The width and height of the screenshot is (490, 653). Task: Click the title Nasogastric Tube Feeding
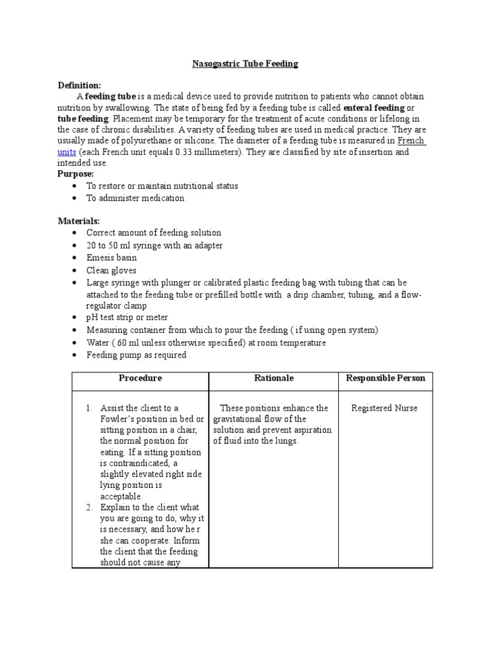[x=246, y=64]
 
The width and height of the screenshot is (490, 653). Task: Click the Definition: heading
[x=79, y=85]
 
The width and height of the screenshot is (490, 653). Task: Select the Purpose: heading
[x=76, y=174]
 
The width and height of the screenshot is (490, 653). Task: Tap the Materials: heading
[x=79, y=221]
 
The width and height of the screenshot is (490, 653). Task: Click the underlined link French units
[x=412, y=141]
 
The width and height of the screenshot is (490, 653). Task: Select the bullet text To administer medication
[x=135, y=198]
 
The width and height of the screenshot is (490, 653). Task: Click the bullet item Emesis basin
[x=112, y=258]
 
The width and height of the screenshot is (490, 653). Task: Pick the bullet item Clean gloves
[x=111, y=270]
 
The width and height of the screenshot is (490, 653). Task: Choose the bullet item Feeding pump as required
[x=136, y=355]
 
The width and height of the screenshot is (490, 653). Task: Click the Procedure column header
[x=140, y=378]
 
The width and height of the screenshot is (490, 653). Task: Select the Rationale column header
[x=273, y=378]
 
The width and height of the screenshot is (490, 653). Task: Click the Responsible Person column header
[x=385, y=378]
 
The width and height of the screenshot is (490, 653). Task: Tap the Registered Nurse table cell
[x=385, y=408]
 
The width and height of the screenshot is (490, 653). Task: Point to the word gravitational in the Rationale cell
[x=237, y=419]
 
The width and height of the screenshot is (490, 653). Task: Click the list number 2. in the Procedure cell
[x=90, y=508]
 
